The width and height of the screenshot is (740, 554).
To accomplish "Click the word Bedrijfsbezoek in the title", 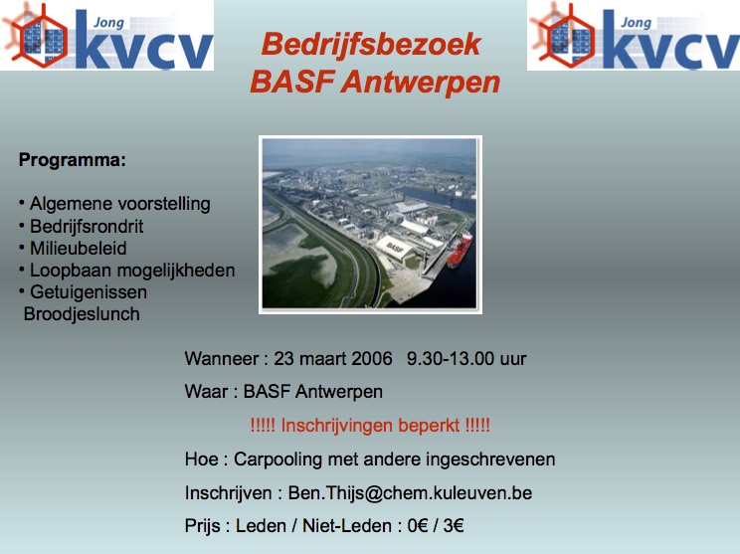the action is click(x=371, y=46).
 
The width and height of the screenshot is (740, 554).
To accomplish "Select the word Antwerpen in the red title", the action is click(x=421, y=83).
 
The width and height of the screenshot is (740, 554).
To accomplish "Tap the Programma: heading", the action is click(x=73, y=161).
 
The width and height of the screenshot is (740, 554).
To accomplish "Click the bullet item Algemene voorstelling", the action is click(x=120, y=204).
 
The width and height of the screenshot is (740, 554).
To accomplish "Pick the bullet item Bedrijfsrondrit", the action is click(x=87, y=227).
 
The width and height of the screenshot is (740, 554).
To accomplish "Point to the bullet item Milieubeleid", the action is click(x=79, y=249).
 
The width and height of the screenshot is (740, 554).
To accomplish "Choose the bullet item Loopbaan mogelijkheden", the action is click(x=132, y=271).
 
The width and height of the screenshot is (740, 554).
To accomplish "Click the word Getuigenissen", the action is click(x=89, y=292).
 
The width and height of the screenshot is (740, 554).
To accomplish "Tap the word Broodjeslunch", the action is click(x=82, y=314).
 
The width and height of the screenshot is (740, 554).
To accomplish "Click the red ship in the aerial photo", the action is click(x=460, y=250).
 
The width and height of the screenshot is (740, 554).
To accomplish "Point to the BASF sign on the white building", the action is click(x=395, y=248).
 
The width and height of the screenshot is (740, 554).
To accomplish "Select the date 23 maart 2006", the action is click(x=333, y=359).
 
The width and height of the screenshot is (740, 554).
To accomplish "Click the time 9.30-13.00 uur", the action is click(x=466, y=359).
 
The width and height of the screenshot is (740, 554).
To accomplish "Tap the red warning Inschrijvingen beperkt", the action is click(x=370, y=426).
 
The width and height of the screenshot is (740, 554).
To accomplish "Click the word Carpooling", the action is click(x=277, y=460).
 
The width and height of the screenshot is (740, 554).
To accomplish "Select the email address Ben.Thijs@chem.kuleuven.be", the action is click(x=410, y=493).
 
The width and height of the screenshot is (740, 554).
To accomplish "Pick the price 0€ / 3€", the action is click(x=436, y=526).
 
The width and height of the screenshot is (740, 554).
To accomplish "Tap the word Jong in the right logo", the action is click(x=637, y=22).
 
